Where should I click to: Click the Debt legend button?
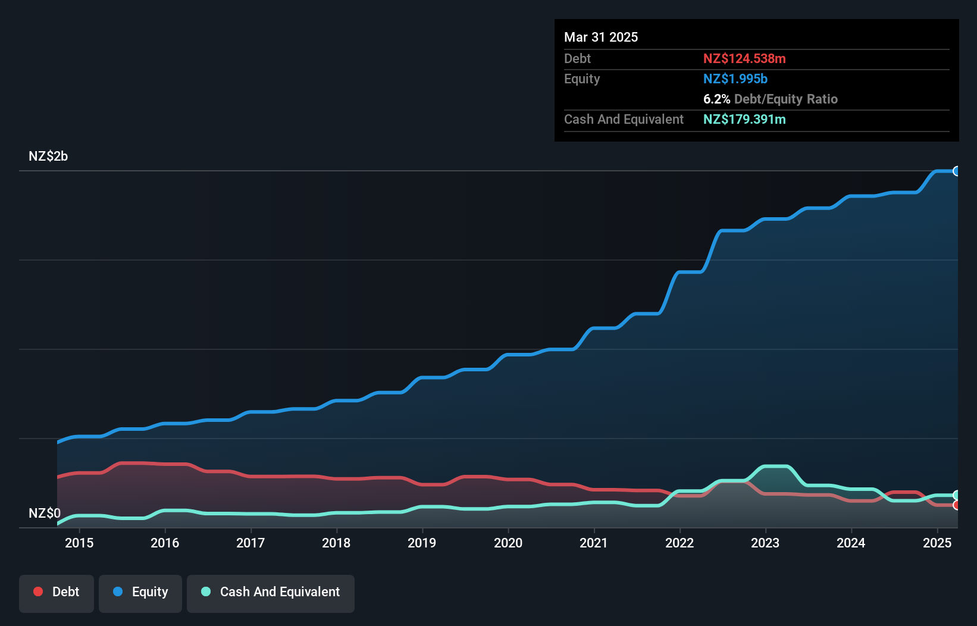57,593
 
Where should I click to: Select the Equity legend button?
140,593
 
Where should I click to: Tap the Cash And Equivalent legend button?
271,593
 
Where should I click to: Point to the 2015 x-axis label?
79,543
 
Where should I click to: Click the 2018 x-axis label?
336,543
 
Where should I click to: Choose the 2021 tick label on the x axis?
594,543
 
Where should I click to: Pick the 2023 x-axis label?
765,543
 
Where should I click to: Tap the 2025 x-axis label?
937,543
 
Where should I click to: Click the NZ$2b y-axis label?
48,156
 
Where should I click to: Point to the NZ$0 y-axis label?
45,513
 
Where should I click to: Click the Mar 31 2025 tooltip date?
601,37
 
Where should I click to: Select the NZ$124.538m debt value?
744,59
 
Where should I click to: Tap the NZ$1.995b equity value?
735,79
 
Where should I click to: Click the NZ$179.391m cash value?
744,120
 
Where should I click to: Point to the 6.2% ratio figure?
716,99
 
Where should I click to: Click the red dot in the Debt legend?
38,591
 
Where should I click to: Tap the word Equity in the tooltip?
582,79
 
